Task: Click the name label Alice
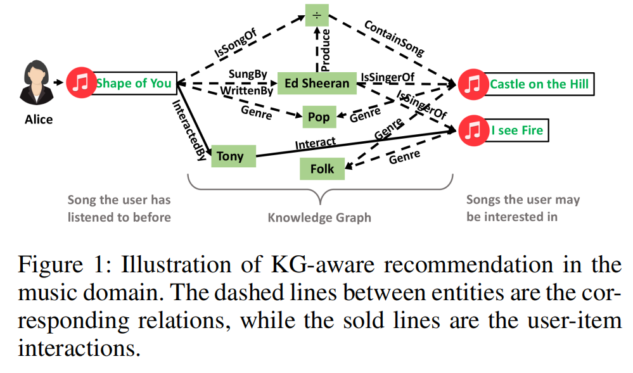click(39, 119)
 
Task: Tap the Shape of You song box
click(134, 83)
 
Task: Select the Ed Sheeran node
click(316, 83)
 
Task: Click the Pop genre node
click(318, 117)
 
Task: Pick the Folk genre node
click(322, 169)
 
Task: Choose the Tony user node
click(230, 156)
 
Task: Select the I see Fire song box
click(517, 131)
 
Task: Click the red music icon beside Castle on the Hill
click(471, 84)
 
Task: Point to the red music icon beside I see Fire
click(471, 131)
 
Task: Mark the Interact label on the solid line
click(316, 144)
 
